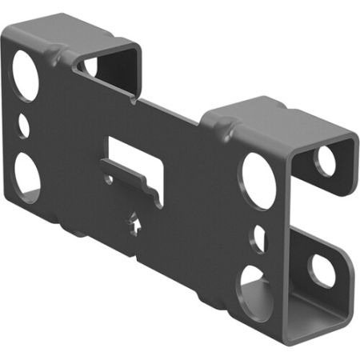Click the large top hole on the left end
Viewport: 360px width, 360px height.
coord(26,76)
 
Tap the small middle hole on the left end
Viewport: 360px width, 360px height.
coord(23,126)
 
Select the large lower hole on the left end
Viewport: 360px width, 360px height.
coord(26,174)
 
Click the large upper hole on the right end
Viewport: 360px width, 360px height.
coord(259,180)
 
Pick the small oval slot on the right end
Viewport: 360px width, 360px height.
coord(259,239)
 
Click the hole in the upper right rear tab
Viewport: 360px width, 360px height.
coord(324,161)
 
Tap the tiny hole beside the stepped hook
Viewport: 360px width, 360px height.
coord(109,179)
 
